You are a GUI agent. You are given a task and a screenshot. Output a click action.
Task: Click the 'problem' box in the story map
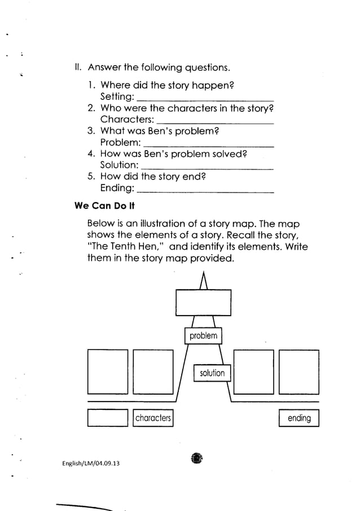point(203,336)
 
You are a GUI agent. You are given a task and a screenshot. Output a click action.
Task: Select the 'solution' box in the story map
point(212,373)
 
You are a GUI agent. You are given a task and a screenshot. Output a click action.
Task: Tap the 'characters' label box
point(153,418)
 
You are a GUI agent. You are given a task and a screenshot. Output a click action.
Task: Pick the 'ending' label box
point(299,418)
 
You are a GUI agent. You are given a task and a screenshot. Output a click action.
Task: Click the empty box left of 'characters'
point(108,418)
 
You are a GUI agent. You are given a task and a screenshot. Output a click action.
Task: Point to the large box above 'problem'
point(204,303)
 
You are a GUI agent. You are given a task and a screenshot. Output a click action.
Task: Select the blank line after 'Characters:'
point(215,120)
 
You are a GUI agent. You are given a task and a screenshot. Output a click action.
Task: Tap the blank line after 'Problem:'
point(209,143)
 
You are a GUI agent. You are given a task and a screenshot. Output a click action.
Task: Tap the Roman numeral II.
point(78,69)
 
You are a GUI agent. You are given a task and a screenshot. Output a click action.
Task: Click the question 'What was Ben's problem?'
point(159,131)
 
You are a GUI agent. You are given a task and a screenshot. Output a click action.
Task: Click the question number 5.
point(91,176)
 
